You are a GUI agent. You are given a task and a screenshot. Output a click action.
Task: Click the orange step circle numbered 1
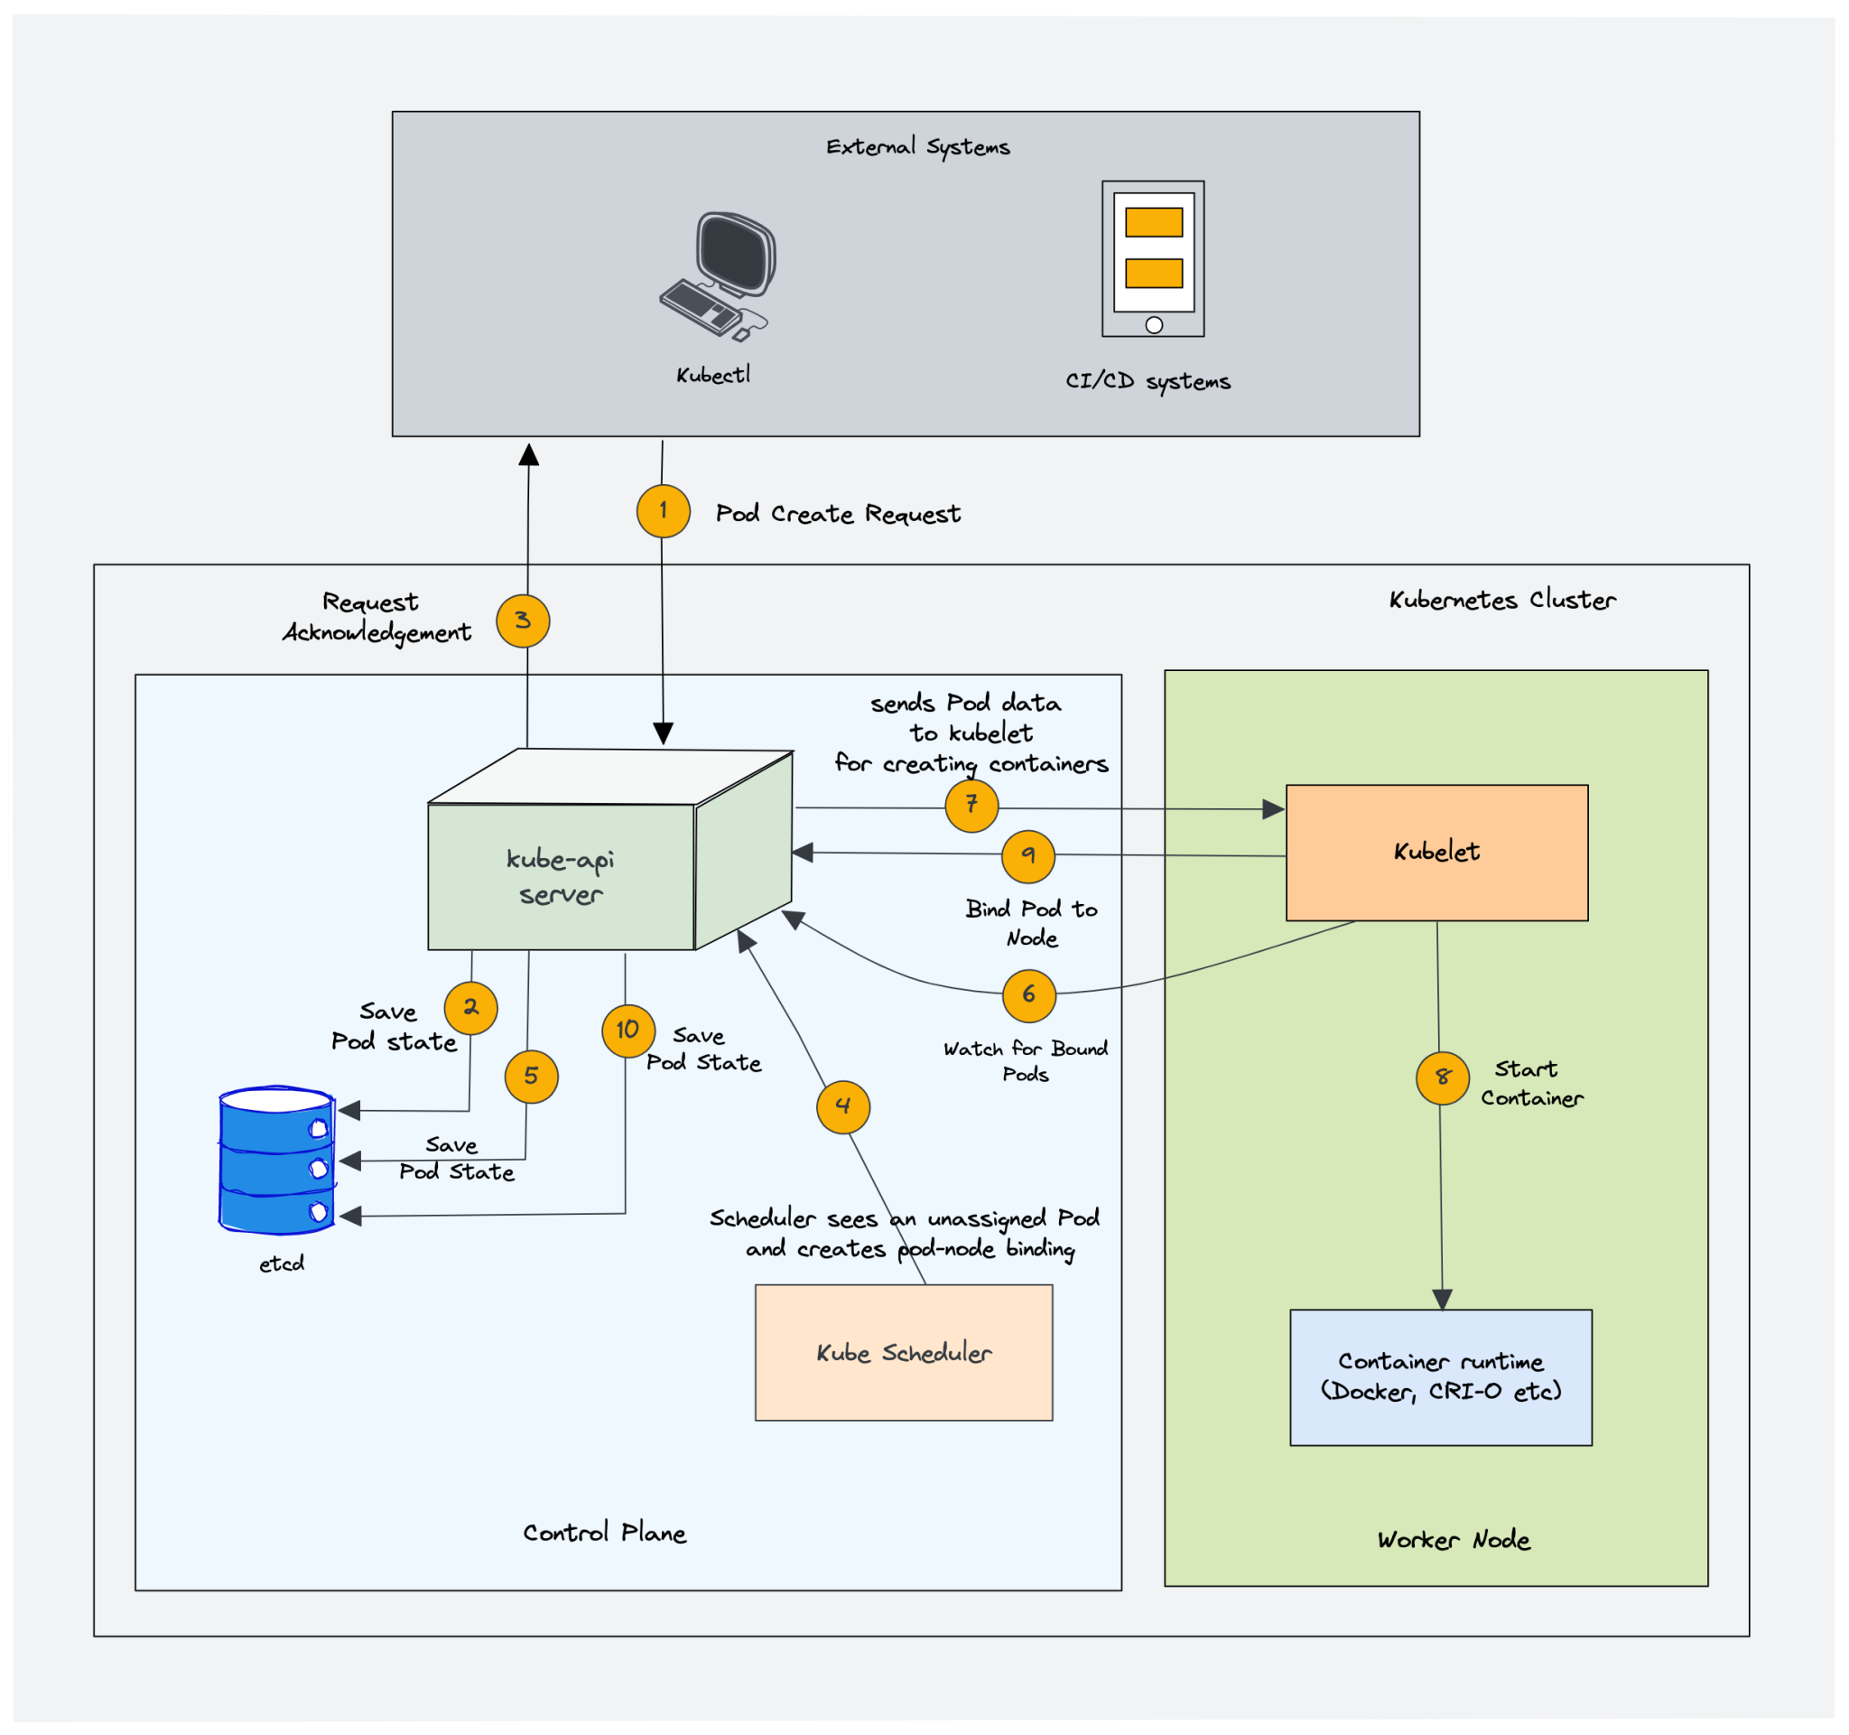(x=664, y=510)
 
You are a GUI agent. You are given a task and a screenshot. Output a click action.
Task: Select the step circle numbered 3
(x=523, y=620)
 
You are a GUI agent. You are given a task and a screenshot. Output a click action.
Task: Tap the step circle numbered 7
(x=971, y=805)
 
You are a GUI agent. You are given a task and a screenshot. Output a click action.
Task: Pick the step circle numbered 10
(x=627, y=1030)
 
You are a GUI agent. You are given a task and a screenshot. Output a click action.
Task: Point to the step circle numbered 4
(x=842, y=1106)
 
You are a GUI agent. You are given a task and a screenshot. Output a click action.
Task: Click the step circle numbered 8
(x=1442, y=1077)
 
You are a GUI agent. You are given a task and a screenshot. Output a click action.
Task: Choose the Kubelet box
(x=1436, y=853)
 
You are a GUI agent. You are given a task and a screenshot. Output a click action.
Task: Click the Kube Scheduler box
(x=903, y=1353)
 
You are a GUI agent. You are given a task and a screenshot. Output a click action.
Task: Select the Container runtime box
(x=1440, y=1376)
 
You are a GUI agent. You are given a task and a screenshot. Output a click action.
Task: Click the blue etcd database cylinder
(x=277, y=1159)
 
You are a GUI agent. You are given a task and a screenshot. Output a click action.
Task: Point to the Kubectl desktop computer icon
(x=718, y=276)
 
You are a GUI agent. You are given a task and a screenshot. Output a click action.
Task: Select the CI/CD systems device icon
(x=1152, y=258)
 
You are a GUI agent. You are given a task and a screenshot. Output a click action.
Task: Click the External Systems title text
(x=917, y=147)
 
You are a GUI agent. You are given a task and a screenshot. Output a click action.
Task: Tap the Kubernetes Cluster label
(x=1501, y=600)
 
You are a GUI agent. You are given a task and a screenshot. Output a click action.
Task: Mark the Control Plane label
(x=604, y=1533)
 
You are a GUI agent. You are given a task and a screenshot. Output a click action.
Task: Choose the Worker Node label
(x=1453, y=1541)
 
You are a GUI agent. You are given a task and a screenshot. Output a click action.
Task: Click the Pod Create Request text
(x=837, y=515)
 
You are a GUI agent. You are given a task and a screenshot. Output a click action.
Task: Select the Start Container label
(x=1531, y=1084)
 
